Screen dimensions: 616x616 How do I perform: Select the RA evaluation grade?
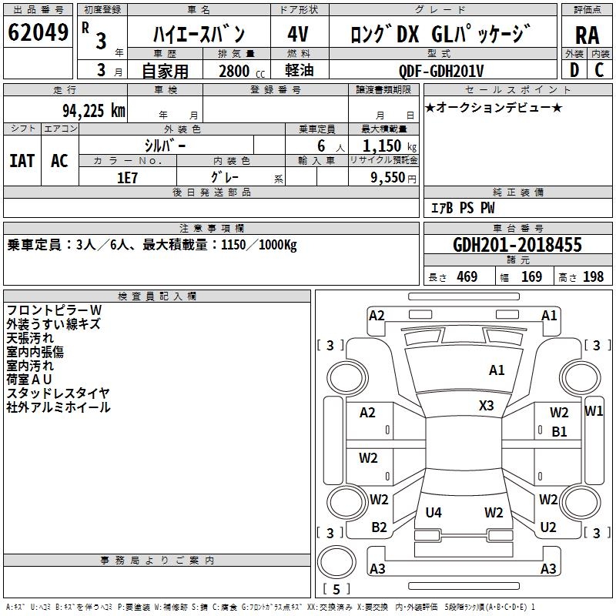(587, 35)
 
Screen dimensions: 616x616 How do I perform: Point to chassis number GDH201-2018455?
(517, 245)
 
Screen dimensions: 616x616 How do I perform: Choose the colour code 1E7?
(127, 176)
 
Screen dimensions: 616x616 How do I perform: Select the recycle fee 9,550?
(385, 176)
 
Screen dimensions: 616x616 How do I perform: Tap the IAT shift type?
(22, 161)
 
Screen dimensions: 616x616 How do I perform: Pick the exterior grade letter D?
(574, 70)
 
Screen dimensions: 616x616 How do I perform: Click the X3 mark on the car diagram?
(486, 405)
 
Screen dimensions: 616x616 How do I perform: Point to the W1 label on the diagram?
(594, 410)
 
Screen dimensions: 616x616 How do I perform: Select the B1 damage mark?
(559, 432)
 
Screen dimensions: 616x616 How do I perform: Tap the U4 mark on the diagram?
(434, 512)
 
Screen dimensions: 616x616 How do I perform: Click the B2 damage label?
(379, 527)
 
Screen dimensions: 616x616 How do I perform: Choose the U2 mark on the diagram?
(548, 527)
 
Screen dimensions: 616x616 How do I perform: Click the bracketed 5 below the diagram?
(336, 589)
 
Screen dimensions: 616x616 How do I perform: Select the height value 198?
(593, 276)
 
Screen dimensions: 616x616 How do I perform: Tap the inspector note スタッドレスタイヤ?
(59, 393)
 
